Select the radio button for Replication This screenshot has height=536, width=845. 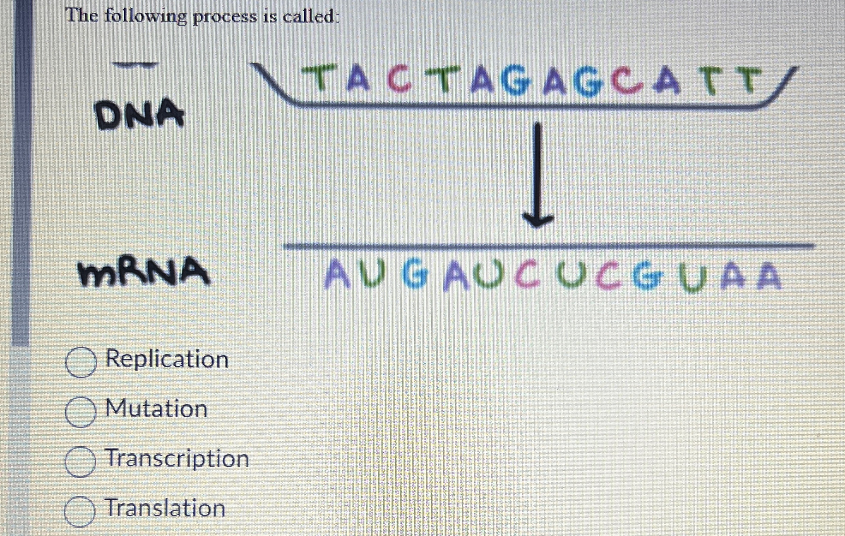pyautogui.click(x=81, y=362)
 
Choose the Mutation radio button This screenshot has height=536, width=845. pyautogui.click(x=80, y=412)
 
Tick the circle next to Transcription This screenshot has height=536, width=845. pyautogui.click(x=80, y=461)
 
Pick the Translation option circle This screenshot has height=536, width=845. pyautogui.click(x=80, y=511)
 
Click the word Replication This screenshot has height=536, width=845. pyautogui.click(x=167, y=359)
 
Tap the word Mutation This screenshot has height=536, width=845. pyautogui.click(x=156, y=409)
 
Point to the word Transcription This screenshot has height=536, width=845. pyautogui.click(x=178, y=458)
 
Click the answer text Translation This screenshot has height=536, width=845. pyautogui.click(x=165, y=508)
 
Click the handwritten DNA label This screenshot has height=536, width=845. pyautogui.click(x=140, y=113)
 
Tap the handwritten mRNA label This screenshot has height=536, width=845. pyautogui.click(x=143, y=272)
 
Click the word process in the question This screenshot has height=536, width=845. pyautogui.click(x=225, y=17)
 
